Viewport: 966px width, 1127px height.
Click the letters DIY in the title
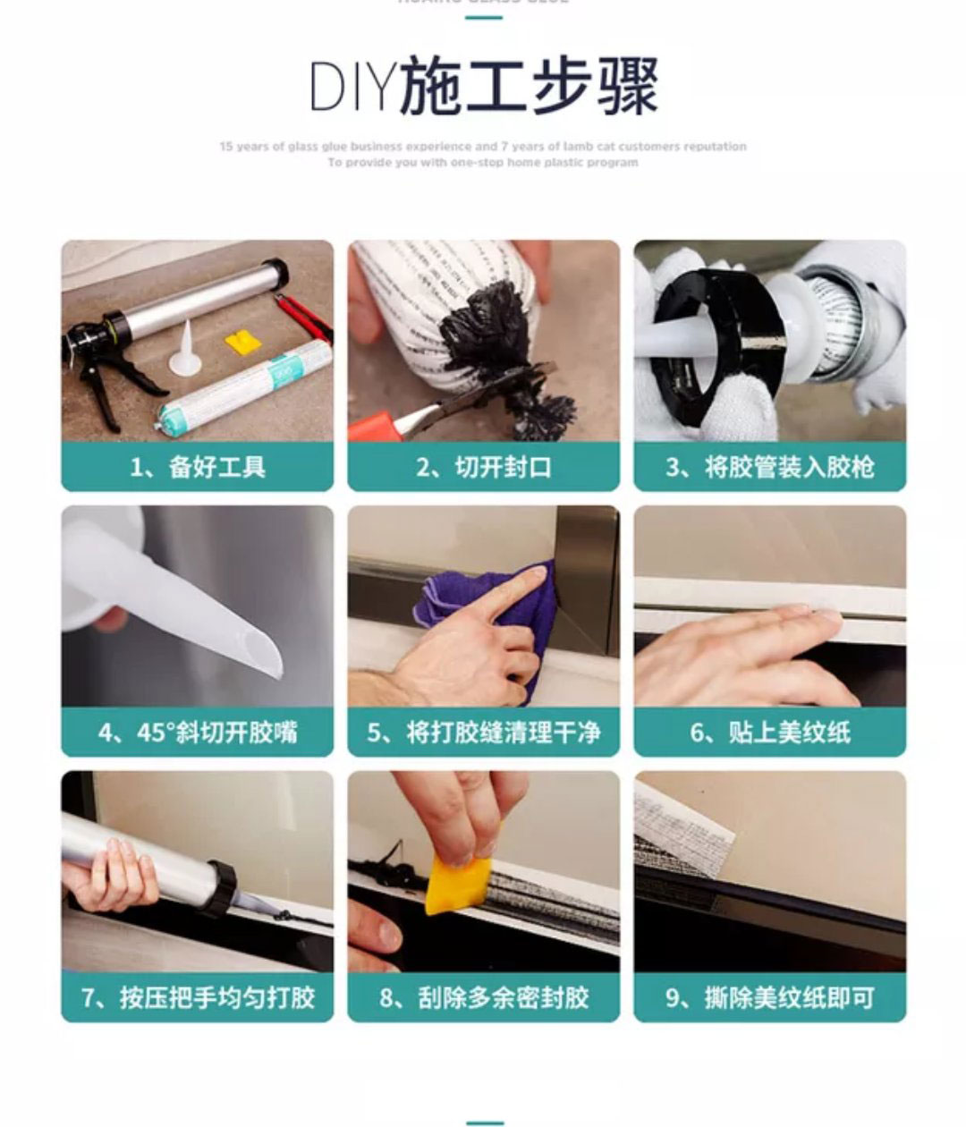(352, 87)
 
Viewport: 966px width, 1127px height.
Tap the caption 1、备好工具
(197, 467)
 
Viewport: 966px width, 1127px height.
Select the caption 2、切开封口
(483, 467)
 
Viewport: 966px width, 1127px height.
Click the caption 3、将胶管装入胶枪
(769, 467)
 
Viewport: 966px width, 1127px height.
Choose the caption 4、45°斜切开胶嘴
(197, 733)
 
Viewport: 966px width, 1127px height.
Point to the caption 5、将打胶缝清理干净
(483, 733)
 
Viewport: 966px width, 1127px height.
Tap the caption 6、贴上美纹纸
(769, 733)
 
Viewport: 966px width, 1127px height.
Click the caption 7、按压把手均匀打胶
(197, 997)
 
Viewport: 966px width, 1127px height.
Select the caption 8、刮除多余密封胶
(483, 997)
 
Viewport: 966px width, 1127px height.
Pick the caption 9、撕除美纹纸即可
(769, 997)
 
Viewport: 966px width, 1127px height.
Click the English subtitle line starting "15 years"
(483, 146)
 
